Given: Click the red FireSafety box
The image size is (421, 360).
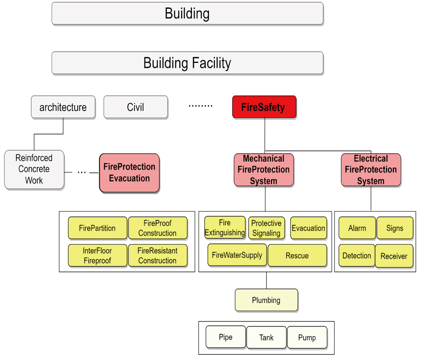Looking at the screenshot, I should click(264, 107).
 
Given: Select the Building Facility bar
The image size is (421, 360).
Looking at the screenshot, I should click(187, 63).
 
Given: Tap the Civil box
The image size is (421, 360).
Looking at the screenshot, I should click(136, 107).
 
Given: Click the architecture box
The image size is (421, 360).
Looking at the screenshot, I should click(63, 107).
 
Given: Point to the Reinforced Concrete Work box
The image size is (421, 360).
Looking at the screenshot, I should click(34, 169).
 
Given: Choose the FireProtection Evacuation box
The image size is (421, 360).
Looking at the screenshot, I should click(129, 172).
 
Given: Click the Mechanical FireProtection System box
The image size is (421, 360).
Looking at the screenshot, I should click(264, 170).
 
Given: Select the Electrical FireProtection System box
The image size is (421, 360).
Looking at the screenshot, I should click(371, 170).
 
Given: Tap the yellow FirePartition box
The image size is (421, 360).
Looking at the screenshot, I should click(98, 228).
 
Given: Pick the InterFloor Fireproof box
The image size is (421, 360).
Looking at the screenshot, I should click(98, 256).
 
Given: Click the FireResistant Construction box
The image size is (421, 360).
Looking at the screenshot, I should click(157, 256).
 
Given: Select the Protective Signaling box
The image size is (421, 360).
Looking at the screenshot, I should click(266, 228).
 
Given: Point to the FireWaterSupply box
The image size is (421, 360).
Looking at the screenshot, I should click(237, 255).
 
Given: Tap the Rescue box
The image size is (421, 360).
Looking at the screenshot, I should click(297, 256).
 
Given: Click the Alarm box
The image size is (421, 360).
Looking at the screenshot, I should click(357, 228).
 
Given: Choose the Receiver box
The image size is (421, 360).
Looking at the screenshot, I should click(394, 256).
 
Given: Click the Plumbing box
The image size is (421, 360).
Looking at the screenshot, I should click(266, 300).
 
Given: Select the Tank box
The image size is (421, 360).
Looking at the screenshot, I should click(266, 337).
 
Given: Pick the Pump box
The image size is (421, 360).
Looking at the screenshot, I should click(307, 337).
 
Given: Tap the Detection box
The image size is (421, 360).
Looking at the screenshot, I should click(357, 256).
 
